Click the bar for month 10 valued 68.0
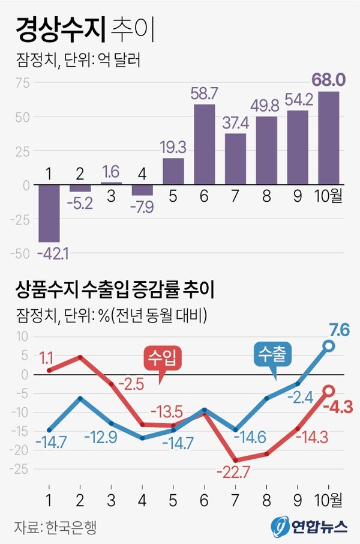(x=329, y=138)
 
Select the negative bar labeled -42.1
(x=49, y=213)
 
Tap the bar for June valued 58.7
(x=205, y=144)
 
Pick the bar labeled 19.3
(x=173, y=171)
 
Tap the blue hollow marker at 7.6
(x=329, y=345)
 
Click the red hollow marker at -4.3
(x=329, y=391)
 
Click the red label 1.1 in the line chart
(x=47, y=358)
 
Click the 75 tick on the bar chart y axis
(x=22, y=83)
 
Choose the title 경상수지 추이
(x=85, y=30)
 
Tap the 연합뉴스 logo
(x=309, y=527)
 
